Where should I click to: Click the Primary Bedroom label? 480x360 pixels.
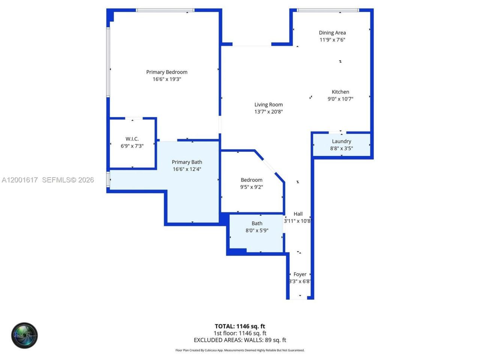(x=167, y=72)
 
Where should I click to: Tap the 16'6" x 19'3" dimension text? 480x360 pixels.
(x=167, y=79)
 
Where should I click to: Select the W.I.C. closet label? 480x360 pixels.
(x=132, y=139)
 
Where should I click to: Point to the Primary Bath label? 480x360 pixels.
(x=187, y=162)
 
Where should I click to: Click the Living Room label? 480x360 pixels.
(x=268, y=105)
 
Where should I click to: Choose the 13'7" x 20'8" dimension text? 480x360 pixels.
(x=268, y=112)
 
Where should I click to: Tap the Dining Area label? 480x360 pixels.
(x=332, y=33)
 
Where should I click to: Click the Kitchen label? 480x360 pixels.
(x=340, y=92)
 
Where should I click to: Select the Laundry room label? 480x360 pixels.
(x=341, y=141)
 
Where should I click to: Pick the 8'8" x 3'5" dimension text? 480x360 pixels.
(x=341, y=148)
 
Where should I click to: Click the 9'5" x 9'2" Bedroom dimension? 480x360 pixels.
(x=252, y=187)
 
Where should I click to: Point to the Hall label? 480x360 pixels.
(x=298, y=214)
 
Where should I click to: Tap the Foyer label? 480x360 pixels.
(x=300, y=274)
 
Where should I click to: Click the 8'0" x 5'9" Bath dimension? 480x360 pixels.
(x=257, y=231)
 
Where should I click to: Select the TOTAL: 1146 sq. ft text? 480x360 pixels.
(x=240, y=326)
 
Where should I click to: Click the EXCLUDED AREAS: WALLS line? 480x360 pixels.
(x=240, y=340)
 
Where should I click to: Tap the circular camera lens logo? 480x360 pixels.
(x=24, y=335)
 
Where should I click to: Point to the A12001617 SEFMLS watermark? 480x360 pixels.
(x=48, y=180)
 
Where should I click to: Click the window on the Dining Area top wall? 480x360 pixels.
(x=328, y=10)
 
